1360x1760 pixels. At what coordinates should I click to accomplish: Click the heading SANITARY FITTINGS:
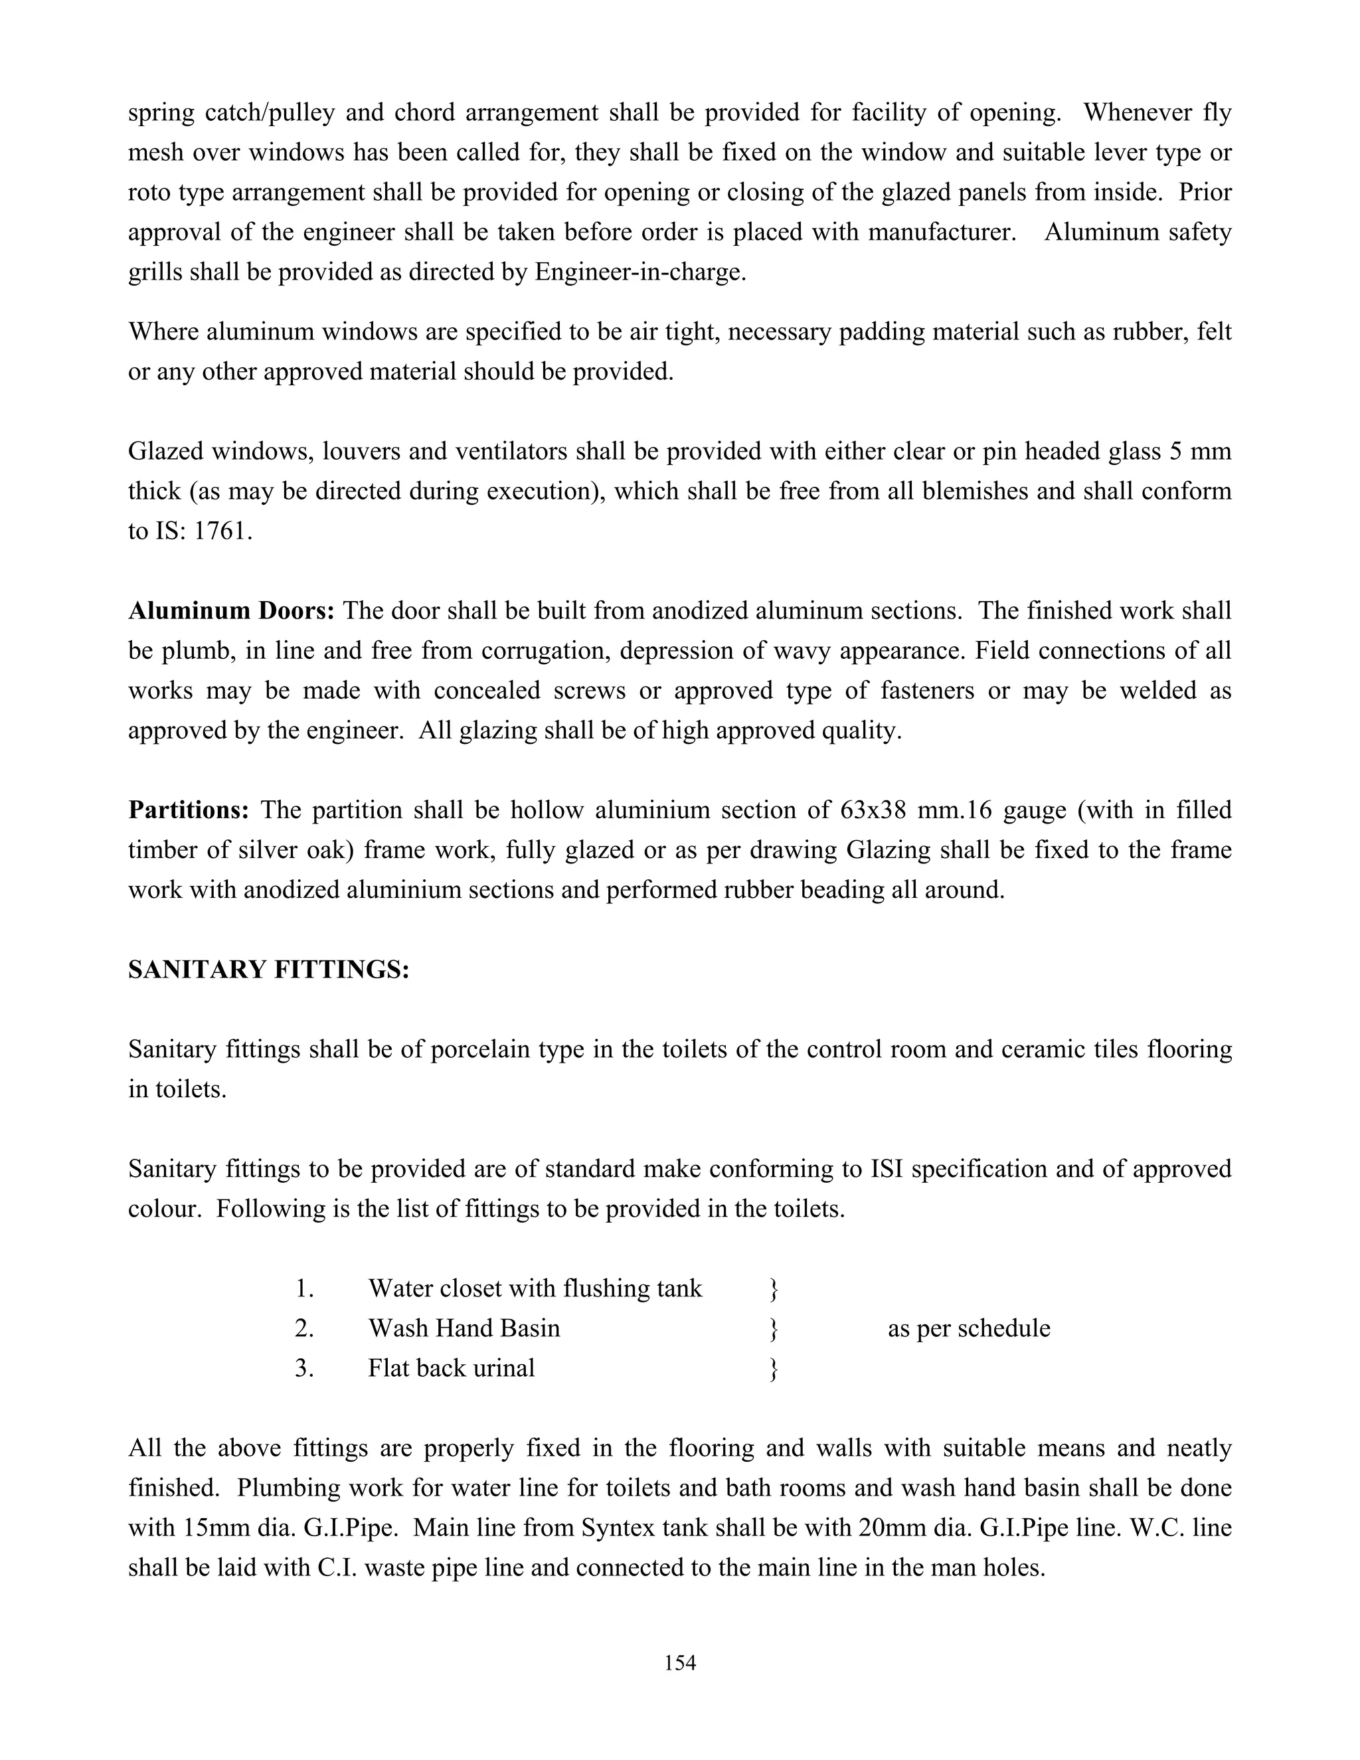(x=269, y=970)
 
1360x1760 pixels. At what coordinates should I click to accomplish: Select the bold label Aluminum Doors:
(x=231, y=611)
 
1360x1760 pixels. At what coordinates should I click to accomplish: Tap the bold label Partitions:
(x=189, y=810)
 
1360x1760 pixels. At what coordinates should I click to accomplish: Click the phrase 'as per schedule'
(x=968, y=1328)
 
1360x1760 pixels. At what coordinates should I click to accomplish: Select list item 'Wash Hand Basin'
(x=464, y=1328)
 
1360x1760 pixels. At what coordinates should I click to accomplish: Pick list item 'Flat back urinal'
(x=451, y=1368)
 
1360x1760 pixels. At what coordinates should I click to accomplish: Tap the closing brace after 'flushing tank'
(x=774, y=1289)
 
